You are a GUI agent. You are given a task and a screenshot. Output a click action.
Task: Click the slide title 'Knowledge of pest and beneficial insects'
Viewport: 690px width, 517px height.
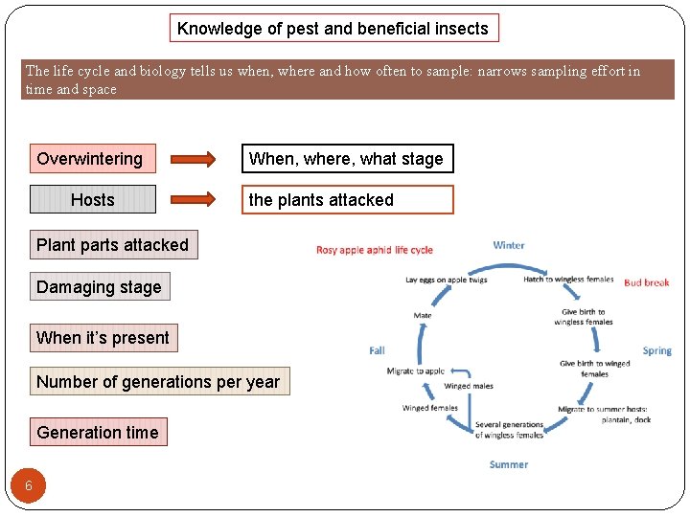coord(333,29)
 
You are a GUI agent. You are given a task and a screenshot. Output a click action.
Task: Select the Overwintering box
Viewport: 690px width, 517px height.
coord(92,159)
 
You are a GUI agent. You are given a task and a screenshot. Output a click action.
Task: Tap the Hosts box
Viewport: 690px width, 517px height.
coord(92,199)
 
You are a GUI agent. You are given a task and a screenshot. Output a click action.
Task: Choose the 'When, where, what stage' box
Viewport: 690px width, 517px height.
coord(346,159)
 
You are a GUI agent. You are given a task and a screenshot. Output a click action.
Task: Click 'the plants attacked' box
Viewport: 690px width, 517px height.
coord(346,199)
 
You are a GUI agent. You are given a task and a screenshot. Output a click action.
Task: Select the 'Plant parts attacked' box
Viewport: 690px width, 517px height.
coord(112,245)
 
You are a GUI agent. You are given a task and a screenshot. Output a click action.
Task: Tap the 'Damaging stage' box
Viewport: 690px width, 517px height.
coord(99,287)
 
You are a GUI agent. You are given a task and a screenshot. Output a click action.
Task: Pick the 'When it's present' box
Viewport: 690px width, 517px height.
coord(103,337)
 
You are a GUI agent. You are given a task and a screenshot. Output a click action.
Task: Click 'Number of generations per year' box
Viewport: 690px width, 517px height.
coord(158,382)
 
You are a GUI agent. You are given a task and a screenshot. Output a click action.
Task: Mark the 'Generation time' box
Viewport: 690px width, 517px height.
coord(98,432)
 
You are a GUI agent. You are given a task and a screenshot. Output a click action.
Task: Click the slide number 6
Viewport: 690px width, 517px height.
coord(29,485)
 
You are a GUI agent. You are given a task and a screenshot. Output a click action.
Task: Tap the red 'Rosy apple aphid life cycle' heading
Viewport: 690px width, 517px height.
coord(375,250)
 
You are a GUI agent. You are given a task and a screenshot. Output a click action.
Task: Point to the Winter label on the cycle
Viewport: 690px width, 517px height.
coord(508,245)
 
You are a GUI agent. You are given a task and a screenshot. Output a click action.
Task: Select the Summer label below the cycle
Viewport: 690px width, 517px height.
coord(508,464)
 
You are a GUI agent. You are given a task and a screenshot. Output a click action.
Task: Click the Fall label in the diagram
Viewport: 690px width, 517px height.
coord(378,350)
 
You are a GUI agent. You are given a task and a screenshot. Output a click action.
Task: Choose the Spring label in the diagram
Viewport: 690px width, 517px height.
coord(656,350)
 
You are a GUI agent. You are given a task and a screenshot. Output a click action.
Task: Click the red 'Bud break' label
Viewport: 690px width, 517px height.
coord(646,282)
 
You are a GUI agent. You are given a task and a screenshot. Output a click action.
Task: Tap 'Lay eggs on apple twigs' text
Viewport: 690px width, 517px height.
coord(447,280)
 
